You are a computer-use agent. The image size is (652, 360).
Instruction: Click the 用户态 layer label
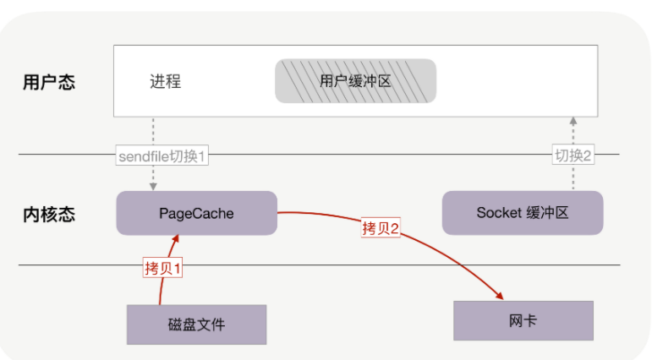(49, 83)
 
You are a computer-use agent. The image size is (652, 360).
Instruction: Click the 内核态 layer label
(49, 214)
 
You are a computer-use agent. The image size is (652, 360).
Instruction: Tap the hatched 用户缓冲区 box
(355, 80)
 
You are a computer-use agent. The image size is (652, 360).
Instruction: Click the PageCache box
(196, 213)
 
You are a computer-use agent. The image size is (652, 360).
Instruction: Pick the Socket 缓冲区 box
(522, 213)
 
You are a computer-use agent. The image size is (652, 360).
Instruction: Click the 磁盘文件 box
(196, 325)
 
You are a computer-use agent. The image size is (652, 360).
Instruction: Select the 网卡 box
(523, 320)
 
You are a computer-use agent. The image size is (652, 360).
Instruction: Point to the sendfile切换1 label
(162, 155)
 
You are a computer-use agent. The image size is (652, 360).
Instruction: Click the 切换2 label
(574, 155)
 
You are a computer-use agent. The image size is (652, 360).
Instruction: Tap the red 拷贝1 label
(163, 268)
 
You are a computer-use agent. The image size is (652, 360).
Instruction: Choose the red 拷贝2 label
(381, 228)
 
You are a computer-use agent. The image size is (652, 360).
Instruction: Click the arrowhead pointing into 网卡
(500, 296)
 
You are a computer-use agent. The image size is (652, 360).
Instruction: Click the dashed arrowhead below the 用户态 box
(574, 122)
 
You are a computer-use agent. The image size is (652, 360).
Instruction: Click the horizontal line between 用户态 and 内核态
(338, 154)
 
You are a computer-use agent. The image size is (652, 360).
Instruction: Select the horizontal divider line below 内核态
(338, 265)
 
